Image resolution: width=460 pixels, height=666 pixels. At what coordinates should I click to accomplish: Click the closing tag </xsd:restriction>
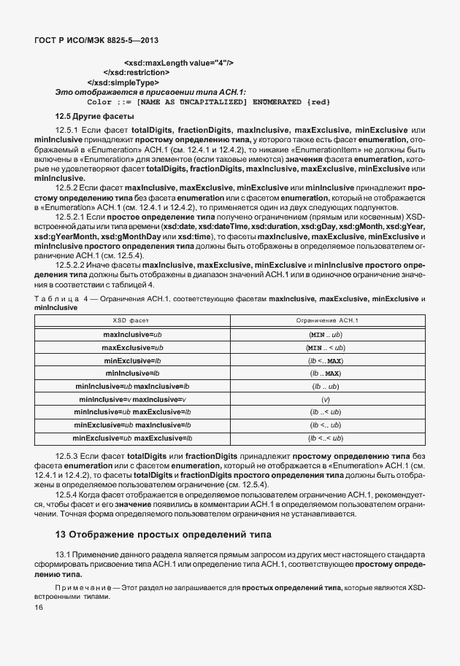[137, 72]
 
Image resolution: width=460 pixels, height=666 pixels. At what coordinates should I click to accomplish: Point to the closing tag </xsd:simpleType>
[118, 82]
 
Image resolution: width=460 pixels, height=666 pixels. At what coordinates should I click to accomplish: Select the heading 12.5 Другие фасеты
[94, 117]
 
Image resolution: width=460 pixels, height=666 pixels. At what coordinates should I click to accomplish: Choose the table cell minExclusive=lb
[132, 360]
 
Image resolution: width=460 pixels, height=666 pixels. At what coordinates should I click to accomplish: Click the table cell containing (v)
[326, 399]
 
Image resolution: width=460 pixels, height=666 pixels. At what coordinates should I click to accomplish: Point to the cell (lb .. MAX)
[326, 373]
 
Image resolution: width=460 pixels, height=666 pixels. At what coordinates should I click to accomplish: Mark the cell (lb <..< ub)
[326, 438]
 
